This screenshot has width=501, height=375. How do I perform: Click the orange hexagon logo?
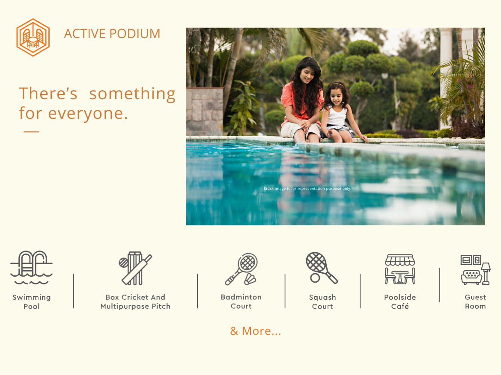coord(33,37)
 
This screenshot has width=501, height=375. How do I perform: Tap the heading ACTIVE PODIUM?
coord(112,34)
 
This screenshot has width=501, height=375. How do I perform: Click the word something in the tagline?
coord(132,94)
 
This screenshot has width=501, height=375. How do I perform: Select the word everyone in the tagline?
coord(88,113)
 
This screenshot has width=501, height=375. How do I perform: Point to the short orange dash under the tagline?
coord(31,132)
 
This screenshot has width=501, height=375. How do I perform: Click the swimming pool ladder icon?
coord(31,267)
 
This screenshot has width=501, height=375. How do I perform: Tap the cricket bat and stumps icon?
coord(135,268)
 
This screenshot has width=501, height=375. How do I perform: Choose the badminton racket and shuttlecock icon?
coord(241,269)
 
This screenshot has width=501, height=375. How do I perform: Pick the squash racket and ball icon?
coord(322,268)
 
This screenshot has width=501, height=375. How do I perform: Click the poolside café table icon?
coord(400,269)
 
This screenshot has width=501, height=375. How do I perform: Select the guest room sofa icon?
coord(475,270)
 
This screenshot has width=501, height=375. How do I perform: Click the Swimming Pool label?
coord(32,301)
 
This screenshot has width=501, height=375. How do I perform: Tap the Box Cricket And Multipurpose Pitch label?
coord(135,301)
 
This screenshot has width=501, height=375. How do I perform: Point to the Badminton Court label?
coord(241,301)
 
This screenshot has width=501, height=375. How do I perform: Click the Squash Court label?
coord(322,301)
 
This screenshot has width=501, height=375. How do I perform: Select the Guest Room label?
coord(475,301)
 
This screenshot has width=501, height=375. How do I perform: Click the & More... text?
coord(256,331)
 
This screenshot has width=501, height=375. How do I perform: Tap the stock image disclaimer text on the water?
coord(307,189)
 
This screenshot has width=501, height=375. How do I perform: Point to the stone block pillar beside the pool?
coord(205,111)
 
